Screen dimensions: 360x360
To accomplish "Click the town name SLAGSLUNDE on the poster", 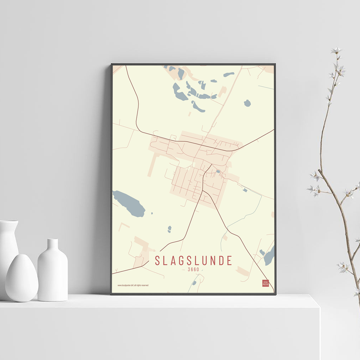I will (x=193, y=261).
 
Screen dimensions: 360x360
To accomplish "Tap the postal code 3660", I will (x=193, y=269).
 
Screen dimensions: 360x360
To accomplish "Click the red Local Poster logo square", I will (x=265, y=283).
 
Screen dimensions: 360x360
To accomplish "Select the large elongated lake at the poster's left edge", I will (x=129, y=203).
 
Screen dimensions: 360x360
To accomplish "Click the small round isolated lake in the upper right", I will (x=247, y=103).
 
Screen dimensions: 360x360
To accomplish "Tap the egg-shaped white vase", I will (x=22, y=278).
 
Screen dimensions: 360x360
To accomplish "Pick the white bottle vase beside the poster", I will (x=53, y=274).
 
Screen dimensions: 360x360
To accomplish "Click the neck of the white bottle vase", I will (x=53, y=244).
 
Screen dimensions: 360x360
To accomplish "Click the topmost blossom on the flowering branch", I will (x=336, y=50).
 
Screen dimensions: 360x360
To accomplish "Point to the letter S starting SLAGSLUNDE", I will (x=157, y=261).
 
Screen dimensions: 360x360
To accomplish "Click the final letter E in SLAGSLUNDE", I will (x=229, y=261).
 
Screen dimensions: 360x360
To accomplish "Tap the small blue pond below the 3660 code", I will (x=194, y=283).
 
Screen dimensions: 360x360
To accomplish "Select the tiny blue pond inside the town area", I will (x=217, y=171).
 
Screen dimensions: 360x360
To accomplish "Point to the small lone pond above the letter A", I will (x=169, y=229).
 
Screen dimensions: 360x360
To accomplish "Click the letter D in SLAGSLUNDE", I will (x=221, y=261).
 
